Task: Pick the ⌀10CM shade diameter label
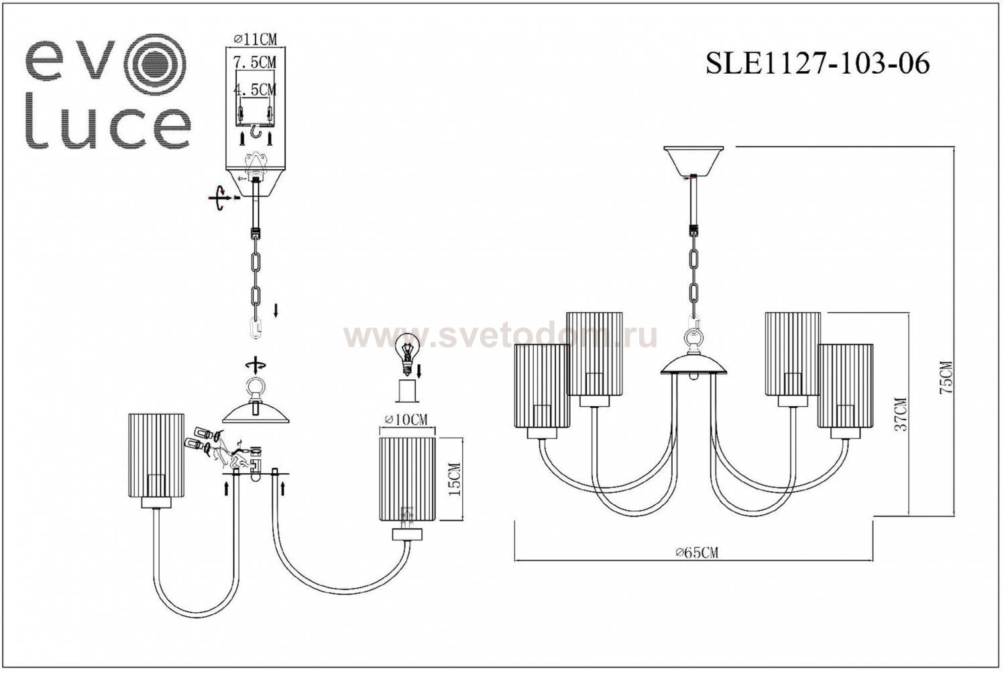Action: pos(406,421)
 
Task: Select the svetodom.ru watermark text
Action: pos(500,336)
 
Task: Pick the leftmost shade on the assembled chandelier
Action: pos(542,386)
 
